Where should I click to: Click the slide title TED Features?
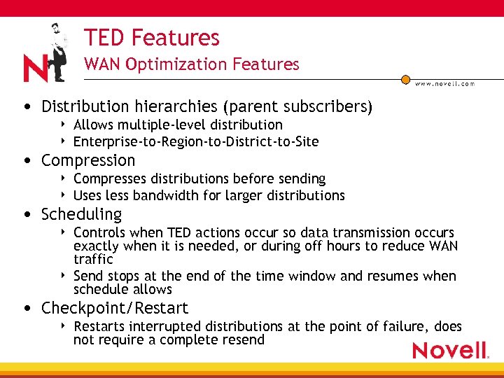151,37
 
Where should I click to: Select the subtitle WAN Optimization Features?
191,64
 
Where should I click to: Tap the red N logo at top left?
35,68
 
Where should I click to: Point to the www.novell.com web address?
444,83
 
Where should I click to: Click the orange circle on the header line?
405,80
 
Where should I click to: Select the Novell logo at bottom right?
449,350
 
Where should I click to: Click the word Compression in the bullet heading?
88,160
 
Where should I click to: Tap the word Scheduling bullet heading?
81,214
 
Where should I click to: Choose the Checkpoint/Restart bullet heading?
115,308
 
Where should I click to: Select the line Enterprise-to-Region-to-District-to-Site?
196,142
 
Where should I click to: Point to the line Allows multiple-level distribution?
178,125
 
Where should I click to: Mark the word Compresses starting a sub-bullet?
106,179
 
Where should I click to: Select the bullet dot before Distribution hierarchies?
26,107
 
